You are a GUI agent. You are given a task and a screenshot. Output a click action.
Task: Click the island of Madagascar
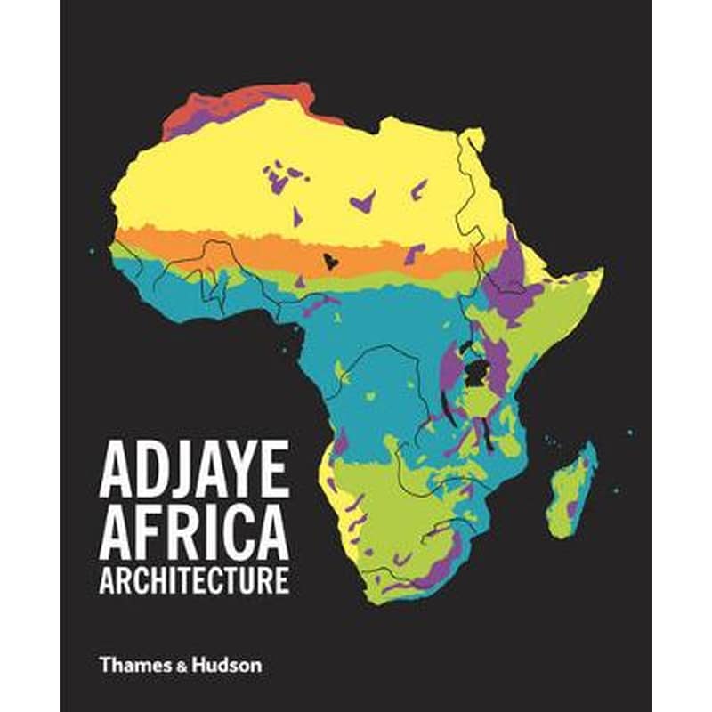[573, 492]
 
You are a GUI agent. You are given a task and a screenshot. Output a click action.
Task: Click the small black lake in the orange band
[330, 261]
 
